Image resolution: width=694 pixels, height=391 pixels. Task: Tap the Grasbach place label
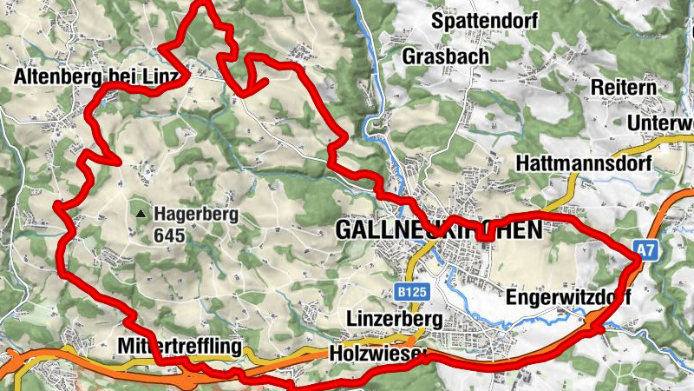[446, 56]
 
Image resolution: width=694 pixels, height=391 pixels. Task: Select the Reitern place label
[624, 88]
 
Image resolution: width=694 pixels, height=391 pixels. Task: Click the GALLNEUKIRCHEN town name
[438, 230]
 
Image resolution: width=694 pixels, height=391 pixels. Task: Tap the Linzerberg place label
[395, 320]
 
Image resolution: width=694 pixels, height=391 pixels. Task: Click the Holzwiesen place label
[379, 354]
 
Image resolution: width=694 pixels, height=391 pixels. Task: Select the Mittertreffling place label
[178, 348]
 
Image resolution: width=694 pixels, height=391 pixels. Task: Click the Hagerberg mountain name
[196, 213]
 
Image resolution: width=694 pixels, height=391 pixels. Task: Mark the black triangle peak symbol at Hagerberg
[140, 212]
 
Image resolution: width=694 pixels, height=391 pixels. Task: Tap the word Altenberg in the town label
[56, 76]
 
